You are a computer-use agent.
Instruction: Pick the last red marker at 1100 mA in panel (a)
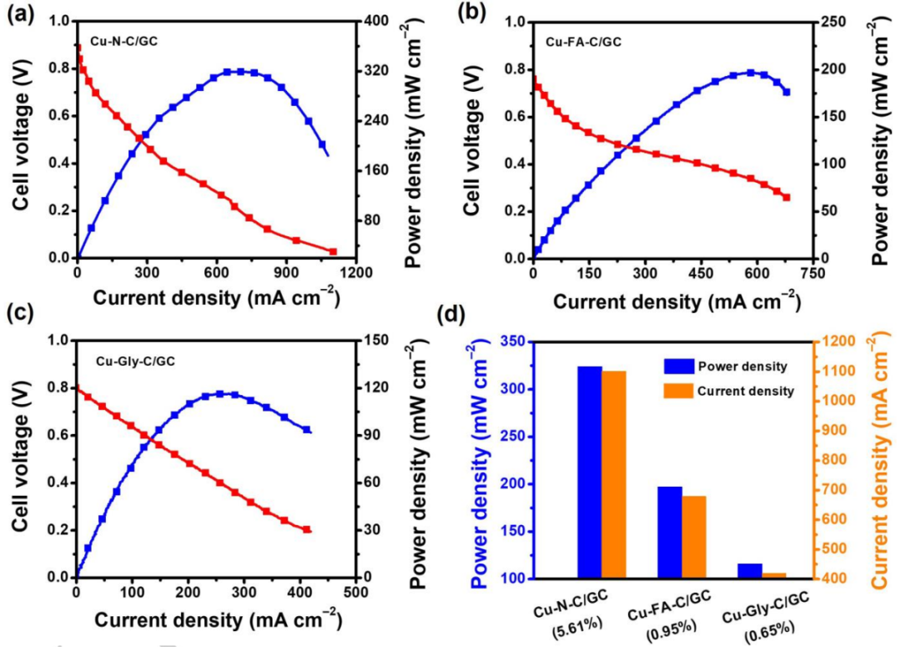tap(333, 251)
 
